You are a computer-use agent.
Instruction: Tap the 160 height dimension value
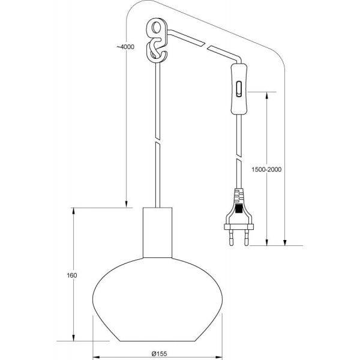tap(73, 275)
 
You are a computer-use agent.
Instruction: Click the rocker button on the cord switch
tap(239, 89)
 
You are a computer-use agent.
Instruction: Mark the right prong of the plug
tap(247, 238)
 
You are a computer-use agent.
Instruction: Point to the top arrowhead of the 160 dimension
tap(73, 210)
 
